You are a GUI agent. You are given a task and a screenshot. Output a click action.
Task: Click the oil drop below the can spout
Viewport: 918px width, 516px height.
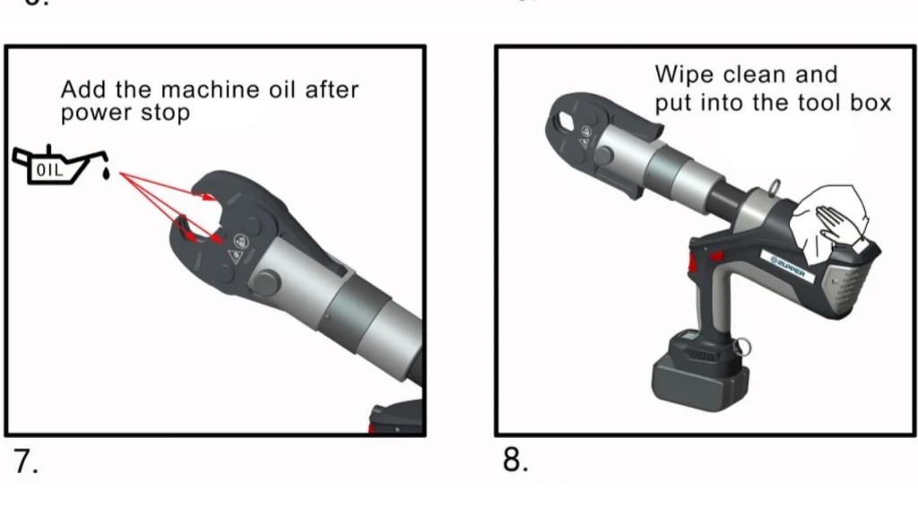(x=107, y=174)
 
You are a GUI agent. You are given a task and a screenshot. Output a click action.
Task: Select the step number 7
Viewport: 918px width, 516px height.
(x=24, y=460)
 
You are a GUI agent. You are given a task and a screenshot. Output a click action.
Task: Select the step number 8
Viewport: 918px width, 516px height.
(x=515, y=460)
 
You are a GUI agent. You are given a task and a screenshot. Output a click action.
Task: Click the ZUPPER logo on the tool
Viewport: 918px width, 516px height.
(x=789, y=266)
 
